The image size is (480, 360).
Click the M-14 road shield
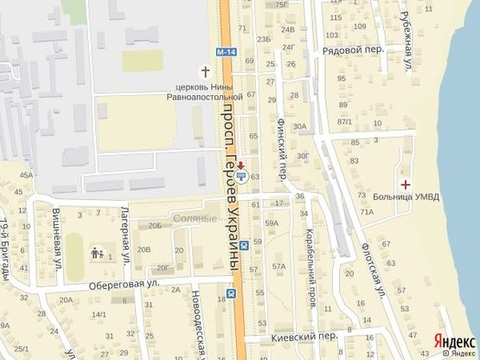[x=226, y=53]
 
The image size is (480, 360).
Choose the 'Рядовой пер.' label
[x=353, y=49]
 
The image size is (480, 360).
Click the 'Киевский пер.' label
[x=315, y=336]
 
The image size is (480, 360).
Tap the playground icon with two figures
[x=96, y=254]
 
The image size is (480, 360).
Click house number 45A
[x=28, y=175]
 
